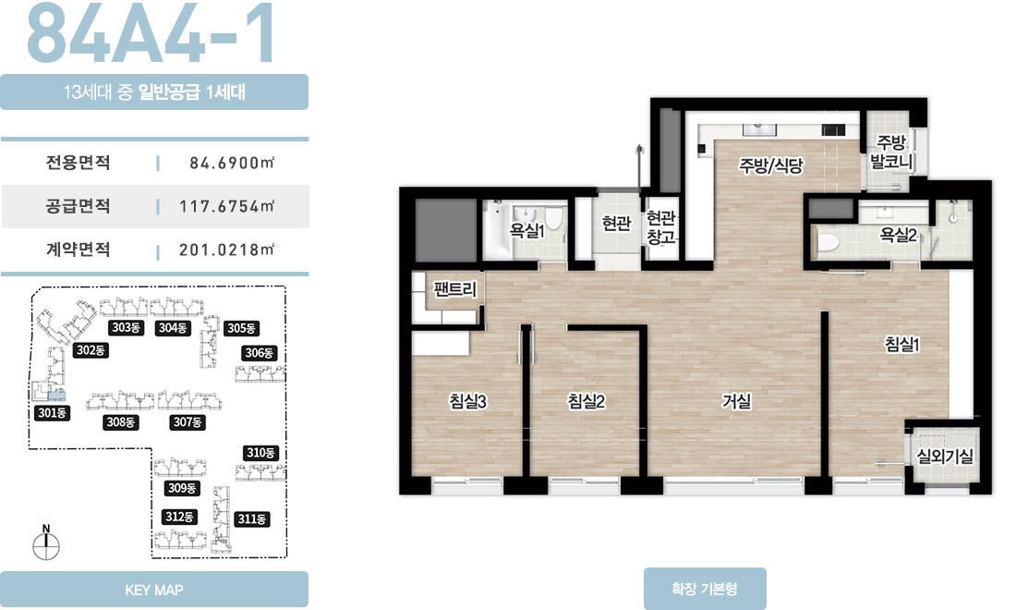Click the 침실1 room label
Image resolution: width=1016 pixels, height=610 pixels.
coord(902,344)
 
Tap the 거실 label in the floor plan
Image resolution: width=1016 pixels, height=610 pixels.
coord(737,401)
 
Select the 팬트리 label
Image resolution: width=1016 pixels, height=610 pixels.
coord(455,288)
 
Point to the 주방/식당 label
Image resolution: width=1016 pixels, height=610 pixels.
coord(771,165)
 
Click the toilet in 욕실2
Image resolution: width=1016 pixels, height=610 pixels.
coord(828,242)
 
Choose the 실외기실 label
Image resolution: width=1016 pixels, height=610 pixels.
coord(945,457)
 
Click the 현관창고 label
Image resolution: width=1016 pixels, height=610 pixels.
coord(661,226)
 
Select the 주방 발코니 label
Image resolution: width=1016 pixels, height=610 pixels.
coord(891,152)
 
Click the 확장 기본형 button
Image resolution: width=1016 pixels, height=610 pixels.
coord(705,589)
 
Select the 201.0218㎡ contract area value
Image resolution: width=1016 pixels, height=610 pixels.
coord(227,250)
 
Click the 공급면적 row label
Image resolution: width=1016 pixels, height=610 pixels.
coord(78,206)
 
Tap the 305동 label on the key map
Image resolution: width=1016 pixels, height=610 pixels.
coord(241,328)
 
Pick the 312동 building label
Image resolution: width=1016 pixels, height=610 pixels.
coord(179,517)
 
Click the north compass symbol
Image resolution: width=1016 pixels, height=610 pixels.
coord(46,543)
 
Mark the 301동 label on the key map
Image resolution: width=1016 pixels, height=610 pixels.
coord(52,413)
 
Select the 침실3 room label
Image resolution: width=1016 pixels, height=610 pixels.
coord(468,401)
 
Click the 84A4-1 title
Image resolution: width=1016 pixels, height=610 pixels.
coord(151,33)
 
